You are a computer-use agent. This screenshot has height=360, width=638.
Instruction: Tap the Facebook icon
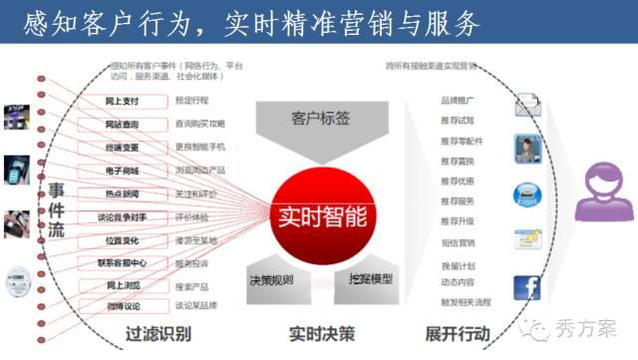[x=527, y=287]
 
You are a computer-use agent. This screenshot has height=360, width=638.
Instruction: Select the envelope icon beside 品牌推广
[x=527, y=104]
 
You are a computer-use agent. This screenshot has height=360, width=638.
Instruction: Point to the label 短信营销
[x=458, y=242]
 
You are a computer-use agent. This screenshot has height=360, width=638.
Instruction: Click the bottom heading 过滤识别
[x=159, y=334]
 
